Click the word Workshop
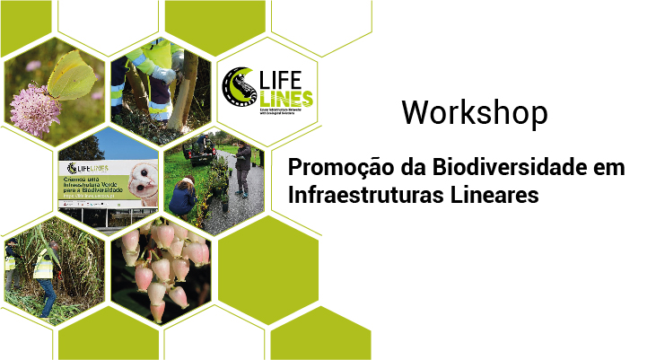pos(474,112)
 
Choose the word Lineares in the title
pos(497,195)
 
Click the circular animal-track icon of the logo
pos(239,87)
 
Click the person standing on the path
pos(242,169)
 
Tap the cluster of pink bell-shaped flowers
pos(162,265)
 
